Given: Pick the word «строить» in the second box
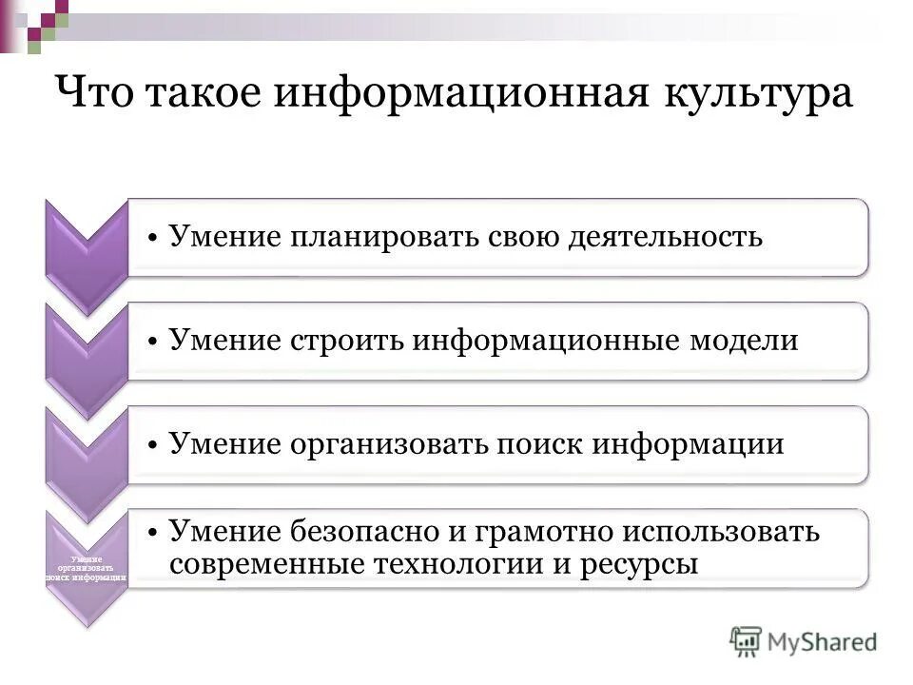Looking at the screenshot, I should tap(343, 341).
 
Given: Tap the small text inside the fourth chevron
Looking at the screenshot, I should tap(87, 568).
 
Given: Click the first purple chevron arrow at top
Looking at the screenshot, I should tap(87, 252).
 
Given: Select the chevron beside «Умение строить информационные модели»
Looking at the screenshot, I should tap(87, 357).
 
